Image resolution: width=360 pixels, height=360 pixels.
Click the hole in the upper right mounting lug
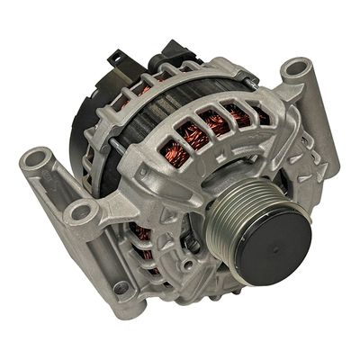tap(295, 69)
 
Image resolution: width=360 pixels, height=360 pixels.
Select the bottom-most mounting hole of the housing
tap(121, 288)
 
